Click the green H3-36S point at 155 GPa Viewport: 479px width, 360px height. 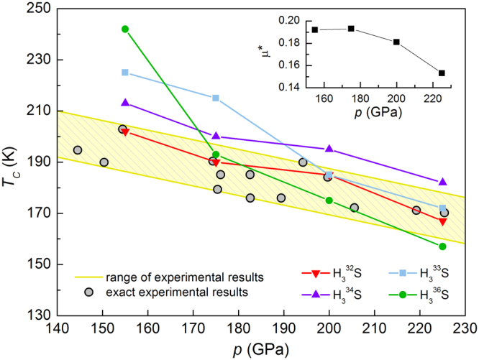pos(125,29)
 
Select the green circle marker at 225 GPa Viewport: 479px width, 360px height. pos(442,246)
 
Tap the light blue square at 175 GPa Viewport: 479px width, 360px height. pos(216,98)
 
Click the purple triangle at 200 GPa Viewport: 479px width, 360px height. pos(329,149)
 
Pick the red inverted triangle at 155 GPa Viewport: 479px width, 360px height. pos(125,132)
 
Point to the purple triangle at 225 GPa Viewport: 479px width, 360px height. pos(442,182)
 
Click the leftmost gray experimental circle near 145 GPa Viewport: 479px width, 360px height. pos(78,150)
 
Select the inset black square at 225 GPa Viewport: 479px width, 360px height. pos(442,73)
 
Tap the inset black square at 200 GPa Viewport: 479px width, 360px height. pos(396,42)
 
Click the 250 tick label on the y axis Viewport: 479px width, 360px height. pos(39,9)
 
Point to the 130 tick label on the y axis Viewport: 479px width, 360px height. pos(39,315)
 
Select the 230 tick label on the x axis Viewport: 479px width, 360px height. pos(465,327)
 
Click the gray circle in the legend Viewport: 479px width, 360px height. pos(87,292)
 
